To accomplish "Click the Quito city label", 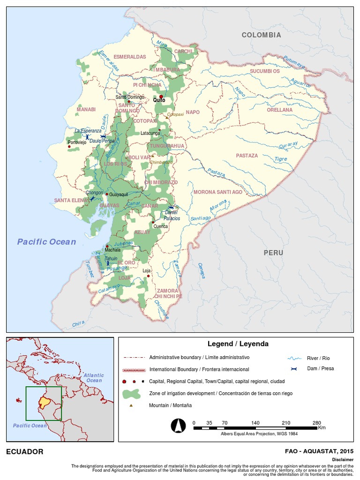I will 159,100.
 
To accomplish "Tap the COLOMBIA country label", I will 261,35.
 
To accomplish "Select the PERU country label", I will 273,253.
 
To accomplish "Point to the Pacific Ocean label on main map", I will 46,242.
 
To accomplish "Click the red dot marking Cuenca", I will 153,223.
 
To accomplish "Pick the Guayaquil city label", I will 118,194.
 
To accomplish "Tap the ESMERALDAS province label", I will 130,57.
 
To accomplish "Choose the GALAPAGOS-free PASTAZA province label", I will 247,156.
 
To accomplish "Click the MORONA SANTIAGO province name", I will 218,192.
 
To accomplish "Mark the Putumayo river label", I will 294,60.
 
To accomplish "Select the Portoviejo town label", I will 77,142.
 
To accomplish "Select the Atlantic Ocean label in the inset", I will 94,378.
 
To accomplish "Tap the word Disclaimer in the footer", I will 342,460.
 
